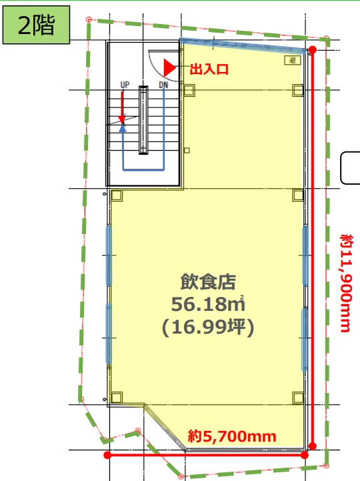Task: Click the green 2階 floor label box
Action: pos(36,25)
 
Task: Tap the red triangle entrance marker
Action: pos(169,67)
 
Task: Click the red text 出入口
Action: pos(209,69)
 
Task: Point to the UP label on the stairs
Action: pos(125,84)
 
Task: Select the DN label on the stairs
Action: pos(163,84)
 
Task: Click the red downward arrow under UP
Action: pos(122,107)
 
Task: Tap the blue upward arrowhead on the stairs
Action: pos(123,128)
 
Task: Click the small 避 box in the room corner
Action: pos(293,60)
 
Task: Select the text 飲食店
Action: pos(208,282)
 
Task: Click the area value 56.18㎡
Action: pos(208,304)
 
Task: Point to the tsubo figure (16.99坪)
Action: pos(208,327)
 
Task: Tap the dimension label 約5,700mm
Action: pos(232,436)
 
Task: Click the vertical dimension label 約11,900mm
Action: pos(346,283)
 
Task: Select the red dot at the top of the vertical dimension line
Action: pos(313,50)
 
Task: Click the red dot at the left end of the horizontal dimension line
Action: pos(107,455)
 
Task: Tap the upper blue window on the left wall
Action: pos(109,256)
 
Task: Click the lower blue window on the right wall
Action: pos(305,340)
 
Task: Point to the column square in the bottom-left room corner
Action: pos(117,398)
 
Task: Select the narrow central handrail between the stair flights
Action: pos(143,120)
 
